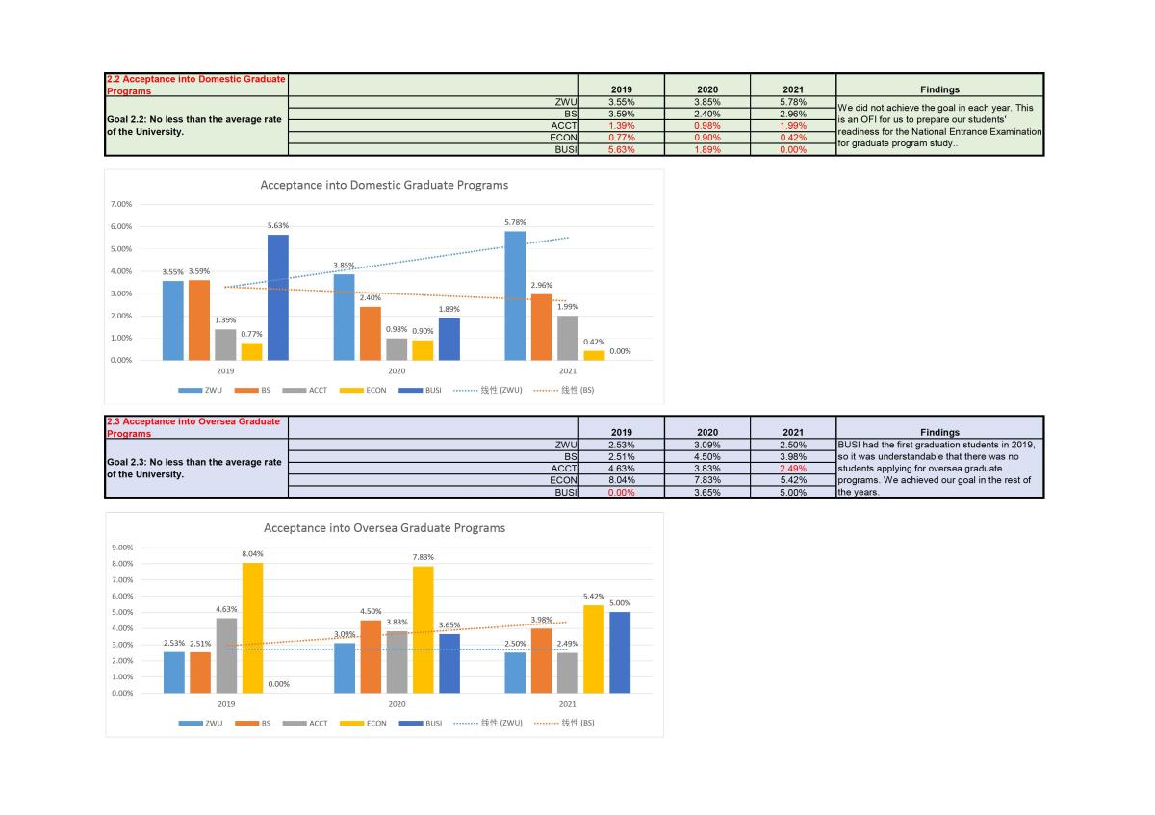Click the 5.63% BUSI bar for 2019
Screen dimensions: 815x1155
point(277,297)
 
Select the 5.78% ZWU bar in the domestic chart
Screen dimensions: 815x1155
point(515,295)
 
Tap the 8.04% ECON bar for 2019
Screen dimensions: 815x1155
point(252,627)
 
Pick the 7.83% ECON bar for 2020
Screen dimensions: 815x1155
point(423,629)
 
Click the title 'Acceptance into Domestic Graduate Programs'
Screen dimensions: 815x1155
point(384,185)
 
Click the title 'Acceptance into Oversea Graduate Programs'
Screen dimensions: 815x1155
point(384,528)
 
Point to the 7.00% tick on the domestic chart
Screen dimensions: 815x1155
point(120,204)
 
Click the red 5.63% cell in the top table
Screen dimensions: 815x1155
point(621,149)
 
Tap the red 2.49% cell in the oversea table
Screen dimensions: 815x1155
point(792,468)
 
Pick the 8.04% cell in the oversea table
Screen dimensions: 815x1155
point(621,478)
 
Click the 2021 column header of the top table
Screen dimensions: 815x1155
point(792,89)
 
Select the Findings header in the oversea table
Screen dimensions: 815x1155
point(939,432)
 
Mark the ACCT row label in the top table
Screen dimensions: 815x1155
point(563,125)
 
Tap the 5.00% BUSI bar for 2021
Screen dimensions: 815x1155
point(620,652)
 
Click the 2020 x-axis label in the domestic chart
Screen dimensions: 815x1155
point(397,370)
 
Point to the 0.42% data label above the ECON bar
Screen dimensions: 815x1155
point(594,342)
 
